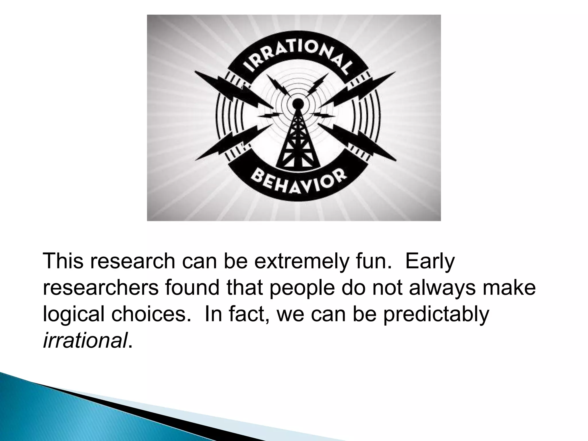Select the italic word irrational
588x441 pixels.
85,341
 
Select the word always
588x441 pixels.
442,289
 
